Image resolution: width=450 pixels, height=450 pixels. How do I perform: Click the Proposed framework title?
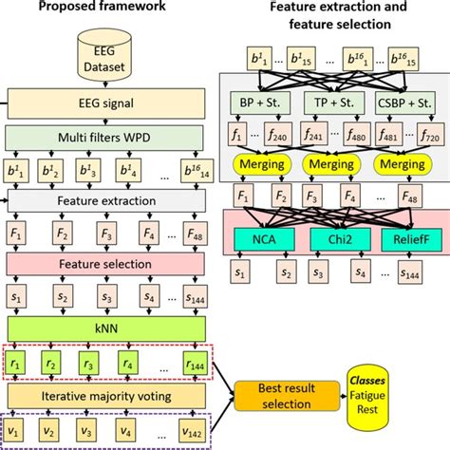(x=106, y=10)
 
